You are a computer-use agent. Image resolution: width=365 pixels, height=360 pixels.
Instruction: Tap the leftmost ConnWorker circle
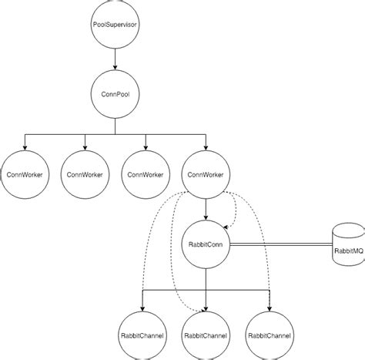23,173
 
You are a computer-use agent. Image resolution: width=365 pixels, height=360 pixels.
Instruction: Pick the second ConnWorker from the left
84,173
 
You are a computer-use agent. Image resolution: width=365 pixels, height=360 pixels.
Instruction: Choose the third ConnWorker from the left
145,173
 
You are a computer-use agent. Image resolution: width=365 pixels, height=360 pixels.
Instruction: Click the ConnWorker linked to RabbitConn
206,173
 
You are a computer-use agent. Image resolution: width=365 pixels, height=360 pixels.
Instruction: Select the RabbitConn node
206,244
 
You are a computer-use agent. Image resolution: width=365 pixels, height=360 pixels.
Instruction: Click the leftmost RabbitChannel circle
145,336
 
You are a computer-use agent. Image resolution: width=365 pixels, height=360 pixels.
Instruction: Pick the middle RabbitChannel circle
206,336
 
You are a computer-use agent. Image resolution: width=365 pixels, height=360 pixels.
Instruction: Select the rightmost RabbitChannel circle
269,336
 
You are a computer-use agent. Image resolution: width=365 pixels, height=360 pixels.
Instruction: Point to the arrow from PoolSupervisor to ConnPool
115,60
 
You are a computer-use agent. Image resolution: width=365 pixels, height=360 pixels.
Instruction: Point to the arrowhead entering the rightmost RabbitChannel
269,308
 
